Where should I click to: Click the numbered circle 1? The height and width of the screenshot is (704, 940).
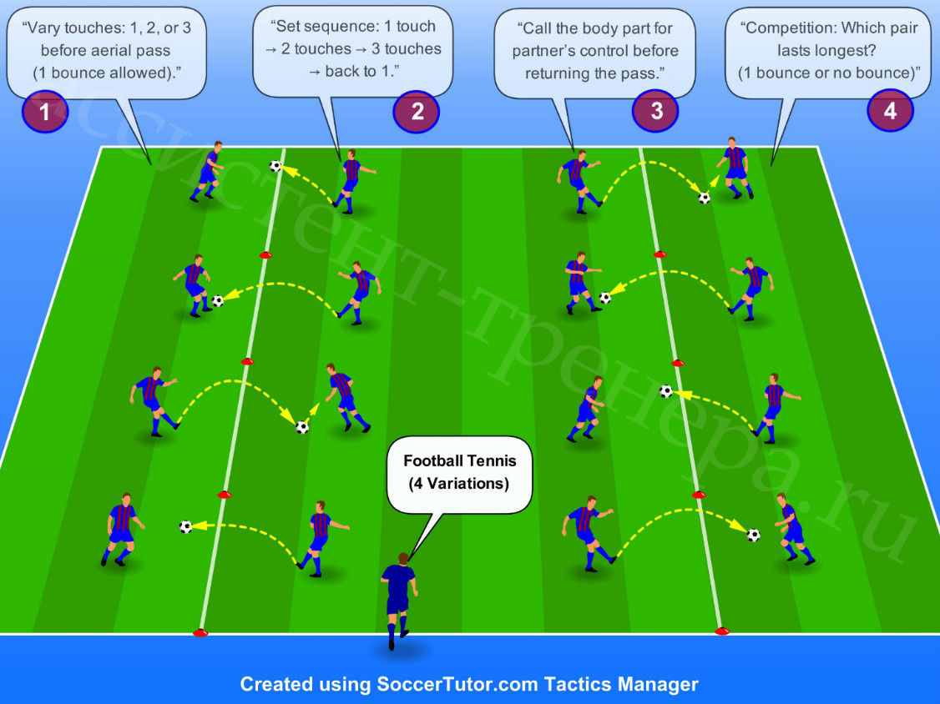click(45, 112)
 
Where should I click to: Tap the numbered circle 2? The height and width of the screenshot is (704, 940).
click(417, 112)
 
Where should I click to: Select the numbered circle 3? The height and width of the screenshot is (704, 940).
click(656, 111)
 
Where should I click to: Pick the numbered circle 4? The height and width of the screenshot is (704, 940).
click(890, 110)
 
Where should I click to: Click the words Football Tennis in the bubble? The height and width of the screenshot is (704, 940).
click(460, 460)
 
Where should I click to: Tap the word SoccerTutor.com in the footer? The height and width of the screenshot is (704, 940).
click(458, 684)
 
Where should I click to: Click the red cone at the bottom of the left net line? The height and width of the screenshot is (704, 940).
click(200, 632)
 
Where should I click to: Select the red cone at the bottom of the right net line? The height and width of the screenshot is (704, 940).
click(722, 631)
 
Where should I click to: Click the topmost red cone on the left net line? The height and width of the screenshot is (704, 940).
click(265, 256)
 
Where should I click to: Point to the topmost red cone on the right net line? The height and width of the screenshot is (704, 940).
click(660, 254)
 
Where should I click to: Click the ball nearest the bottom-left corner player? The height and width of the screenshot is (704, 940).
click(186, 526)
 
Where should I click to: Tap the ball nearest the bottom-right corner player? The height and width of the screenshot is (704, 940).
click(754, 535)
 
